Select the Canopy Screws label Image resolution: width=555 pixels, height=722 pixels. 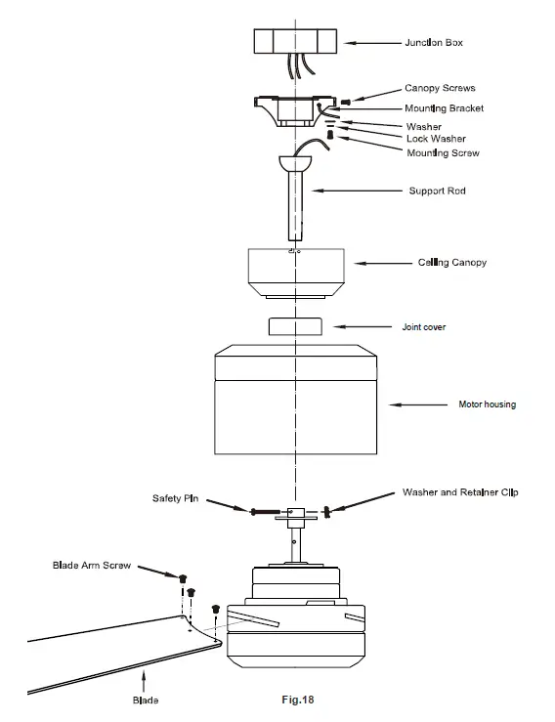point(440,88)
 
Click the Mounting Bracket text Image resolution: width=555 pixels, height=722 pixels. point(444,108)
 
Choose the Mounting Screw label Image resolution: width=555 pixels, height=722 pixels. point(443,153)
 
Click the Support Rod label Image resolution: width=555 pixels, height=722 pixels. point(437,191)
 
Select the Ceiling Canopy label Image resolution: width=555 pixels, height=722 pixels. point(452,263)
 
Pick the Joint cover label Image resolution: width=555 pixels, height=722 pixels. point(424,327)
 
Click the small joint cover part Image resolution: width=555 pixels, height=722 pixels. point(294,326)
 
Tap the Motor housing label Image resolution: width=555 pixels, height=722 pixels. point(487,403)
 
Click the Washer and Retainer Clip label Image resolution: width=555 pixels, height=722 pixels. point(459,492)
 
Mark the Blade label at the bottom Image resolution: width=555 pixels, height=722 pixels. point(145,701)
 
